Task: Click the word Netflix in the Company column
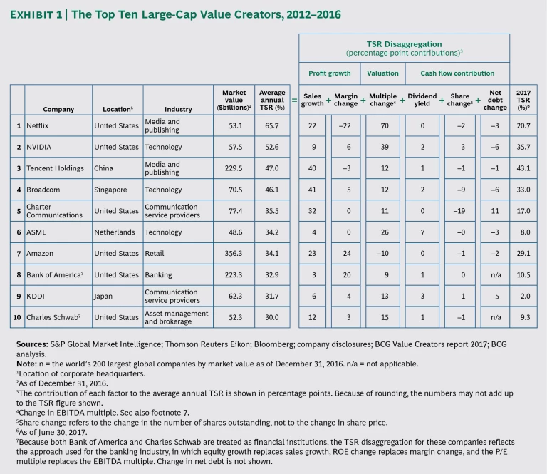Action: [38, 126]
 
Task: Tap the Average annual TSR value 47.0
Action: [271, 167]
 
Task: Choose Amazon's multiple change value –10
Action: [382, 254]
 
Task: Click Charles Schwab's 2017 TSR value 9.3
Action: [523, 317]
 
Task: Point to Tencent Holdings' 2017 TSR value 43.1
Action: [523, 167]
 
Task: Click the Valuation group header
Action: [382, 73]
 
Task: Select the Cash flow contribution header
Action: [457, 73]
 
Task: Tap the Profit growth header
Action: [329, 73]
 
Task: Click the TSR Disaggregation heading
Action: [403, 43]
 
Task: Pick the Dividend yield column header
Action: [422, 98]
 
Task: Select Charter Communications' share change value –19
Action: [459, 211]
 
